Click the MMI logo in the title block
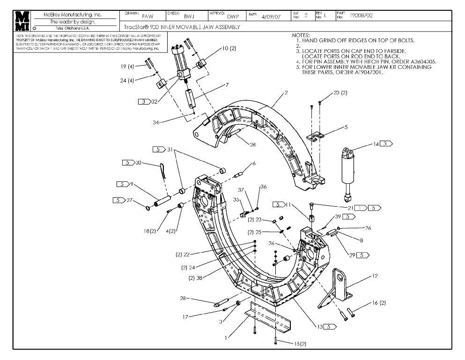(22, 21)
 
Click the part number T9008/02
(361, 15)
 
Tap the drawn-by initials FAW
(148, 16)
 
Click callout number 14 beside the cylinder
(376, 144)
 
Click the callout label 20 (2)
(340, 93)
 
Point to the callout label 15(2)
(300, 344)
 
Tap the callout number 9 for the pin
(132, 184)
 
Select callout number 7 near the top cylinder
(227, 85)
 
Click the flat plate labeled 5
(316, 137)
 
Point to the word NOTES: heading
(301, 35)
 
